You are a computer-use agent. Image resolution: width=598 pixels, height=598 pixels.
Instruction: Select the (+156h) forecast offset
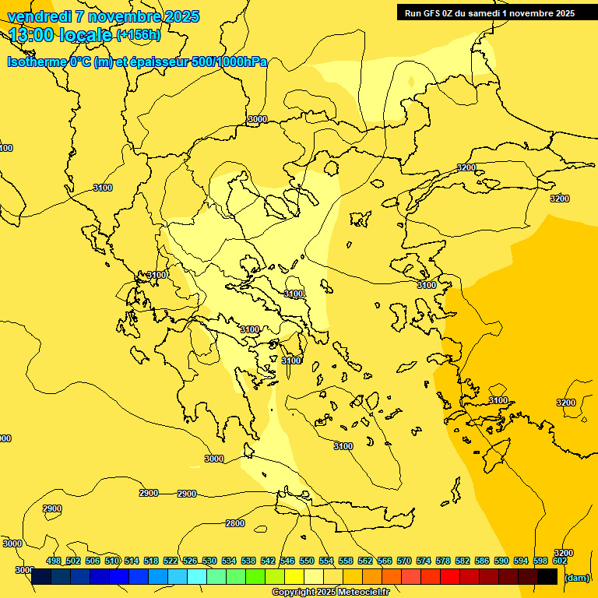[139, 34]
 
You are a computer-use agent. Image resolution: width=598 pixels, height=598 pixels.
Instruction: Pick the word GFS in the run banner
[437, 12]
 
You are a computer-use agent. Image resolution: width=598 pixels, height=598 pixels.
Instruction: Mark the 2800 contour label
[235, 523]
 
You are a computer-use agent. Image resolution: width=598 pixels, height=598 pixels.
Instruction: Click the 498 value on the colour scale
[54, 561]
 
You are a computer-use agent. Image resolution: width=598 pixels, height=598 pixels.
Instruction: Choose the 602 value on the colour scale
[560, 561]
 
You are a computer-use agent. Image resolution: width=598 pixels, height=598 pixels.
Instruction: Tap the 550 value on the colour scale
[307, 561]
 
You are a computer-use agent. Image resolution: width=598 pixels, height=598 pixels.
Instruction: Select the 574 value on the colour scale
[424, 561]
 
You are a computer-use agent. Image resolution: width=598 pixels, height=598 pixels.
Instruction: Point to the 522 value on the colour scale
[171, 561]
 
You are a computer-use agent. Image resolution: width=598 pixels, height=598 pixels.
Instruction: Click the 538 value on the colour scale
[248, 561]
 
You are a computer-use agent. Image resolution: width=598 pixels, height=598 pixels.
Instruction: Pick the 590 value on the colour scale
[501, 561]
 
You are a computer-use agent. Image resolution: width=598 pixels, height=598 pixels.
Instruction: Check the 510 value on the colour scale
[112, 561]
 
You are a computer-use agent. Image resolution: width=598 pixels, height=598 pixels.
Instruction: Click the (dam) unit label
[576, 578]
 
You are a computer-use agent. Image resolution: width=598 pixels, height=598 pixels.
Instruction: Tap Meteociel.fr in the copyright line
[367, 593]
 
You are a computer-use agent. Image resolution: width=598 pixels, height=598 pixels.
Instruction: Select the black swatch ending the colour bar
[547, 576]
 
